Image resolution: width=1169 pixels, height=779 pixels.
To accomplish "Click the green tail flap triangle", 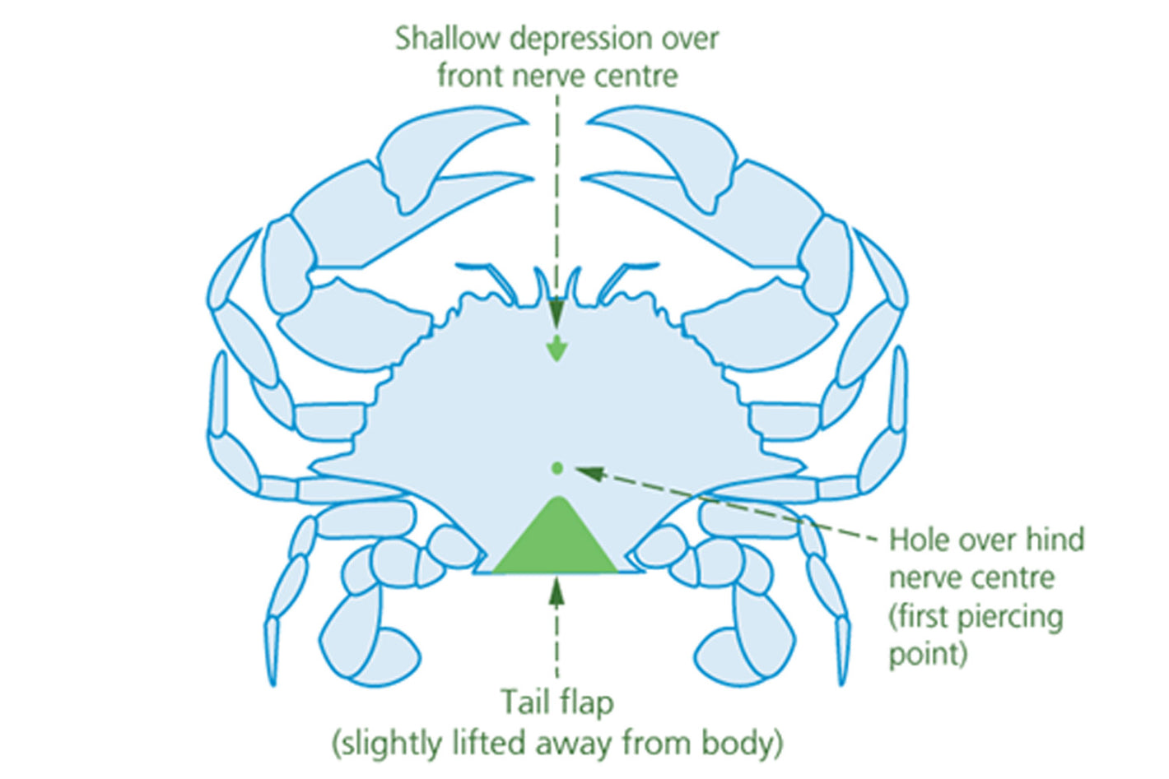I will [556, 543].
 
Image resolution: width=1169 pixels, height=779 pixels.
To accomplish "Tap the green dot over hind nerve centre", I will [557, 468].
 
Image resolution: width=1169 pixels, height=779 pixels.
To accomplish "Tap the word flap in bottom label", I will [586, 702].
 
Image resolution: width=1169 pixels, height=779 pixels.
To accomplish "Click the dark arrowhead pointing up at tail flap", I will [557, 591].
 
